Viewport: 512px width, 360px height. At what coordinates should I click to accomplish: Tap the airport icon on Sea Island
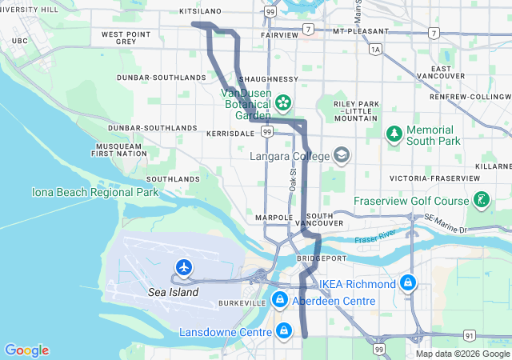coord(185,266)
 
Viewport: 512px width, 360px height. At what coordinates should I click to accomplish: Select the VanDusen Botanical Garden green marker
coord(283,102)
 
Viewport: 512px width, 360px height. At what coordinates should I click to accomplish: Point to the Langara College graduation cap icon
coord(342,154)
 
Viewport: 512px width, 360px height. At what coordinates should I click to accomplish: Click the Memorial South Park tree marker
coord(394,134)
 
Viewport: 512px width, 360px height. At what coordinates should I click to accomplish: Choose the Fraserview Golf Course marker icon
coord(482,199)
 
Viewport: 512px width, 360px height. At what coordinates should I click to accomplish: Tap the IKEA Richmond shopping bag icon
coord(408,283)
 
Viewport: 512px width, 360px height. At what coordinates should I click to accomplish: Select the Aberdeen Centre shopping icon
coord(279,300)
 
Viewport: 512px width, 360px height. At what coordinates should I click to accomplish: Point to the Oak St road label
coord(293,179)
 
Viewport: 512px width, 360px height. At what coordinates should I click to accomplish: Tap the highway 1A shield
coord(375,50)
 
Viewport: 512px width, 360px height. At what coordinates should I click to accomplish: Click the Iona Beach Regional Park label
coord(95,192)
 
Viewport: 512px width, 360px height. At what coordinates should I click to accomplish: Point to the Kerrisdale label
coord(230,134)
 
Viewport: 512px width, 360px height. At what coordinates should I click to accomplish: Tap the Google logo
coord(26,350)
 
